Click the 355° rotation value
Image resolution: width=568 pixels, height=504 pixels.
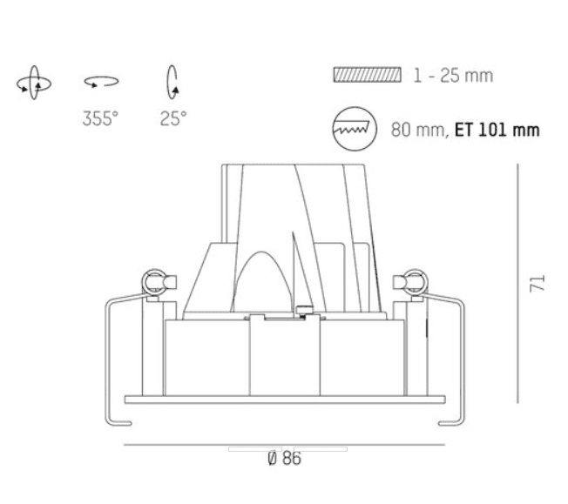click(100, 118)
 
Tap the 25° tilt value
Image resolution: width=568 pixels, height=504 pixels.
click(173, 118)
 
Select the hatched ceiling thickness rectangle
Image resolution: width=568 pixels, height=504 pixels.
click(368, 75)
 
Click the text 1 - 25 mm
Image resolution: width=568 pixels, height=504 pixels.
click(453, 76)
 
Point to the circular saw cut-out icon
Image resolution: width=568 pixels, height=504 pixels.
click(355, 129)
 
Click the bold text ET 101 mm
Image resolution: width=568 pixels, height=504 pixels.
click(497, 130)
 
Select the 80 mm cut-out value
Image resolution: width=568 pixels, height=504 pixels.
click(418, 130)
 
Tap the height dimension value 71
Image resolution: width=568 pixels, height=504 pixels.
click(538, 283)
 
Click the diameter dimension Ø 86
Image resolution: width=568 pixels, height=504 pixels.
click(284, 459)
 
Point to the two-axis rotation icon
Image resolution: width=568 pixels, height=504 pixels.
click(34, 83)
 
